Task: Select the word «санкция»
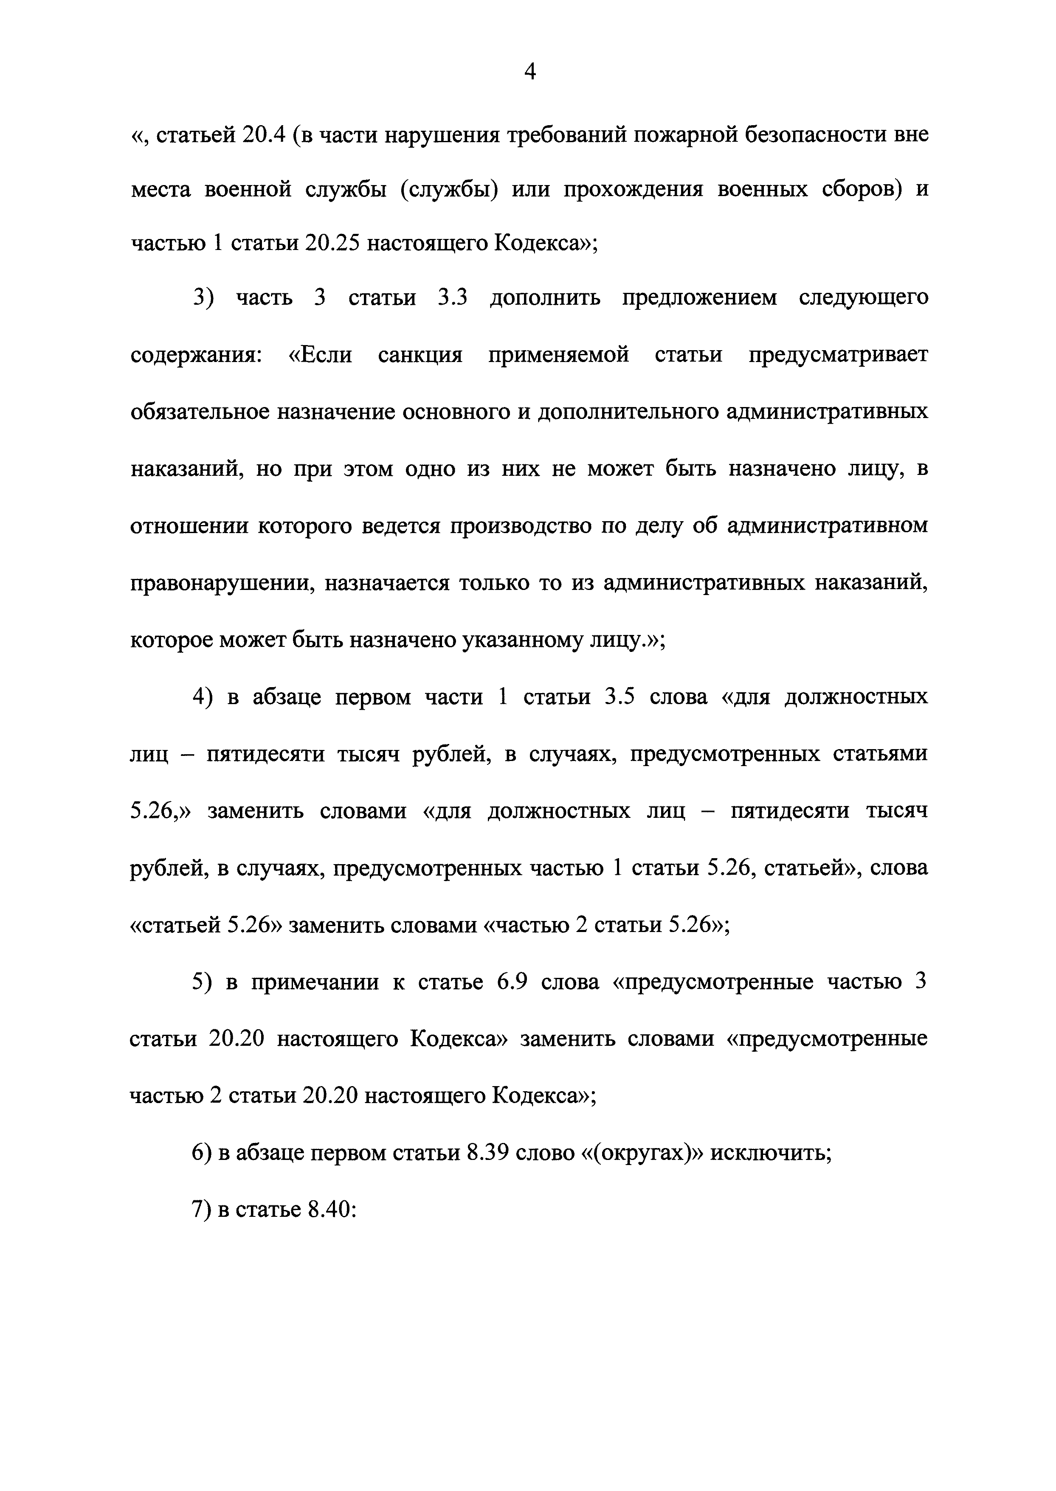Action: [420, 355]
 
